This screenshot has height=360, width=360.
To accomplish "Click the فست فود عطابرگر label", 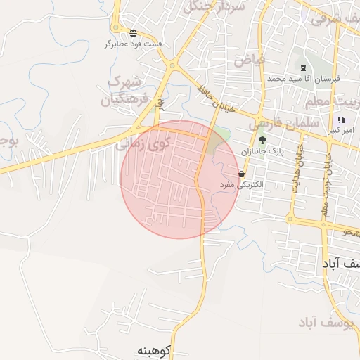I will click(133, 44).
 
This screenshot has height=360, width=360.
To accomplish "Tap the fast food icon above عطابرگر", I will click(133, 33).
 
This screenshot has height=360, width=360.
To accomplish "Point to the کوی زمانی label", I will click(143, 144).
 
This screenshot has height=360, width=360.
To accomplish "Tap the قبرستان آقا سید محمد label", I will click(303, 79).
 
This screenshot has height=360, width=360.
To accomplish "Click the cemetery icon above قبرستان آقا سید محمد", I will click(303, 68).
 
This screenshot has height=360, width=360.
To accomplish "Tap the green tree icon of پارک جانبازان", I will click(262, 140).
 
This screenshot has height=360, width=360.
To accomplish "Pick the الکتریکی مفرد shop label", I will click(241, 184).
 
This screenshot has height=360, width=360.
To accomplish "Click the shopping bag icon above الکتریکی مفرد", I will click(241, 174).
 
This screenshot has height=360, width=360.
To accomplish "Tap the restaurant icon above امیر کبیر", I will click(341, 120).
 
